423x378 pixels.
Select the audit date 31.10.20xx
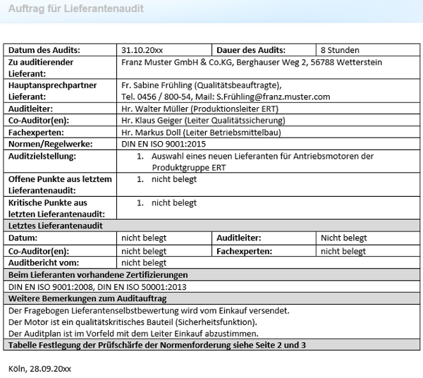coord(142,50)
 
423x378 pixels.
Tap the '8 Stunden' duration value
coord(340,50)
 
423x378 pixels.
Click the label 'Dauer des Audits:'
coord(251,50)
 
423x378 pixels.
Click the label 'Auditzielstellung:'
coord(42,156)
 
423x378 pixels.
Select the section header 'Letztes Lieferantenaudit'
coord(56,226)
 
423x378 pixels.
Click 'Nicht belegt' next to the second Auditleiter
coord(344,238)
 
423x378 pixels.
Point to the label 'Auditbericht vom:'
coord(42,262)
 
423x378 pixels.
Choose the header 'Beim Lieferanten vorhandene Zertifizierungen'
coord(98,274)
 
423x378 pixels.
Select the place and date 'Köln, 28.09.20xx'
coord(39,368)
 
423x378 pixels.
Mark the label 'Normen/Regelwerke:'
coord(51,144)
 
